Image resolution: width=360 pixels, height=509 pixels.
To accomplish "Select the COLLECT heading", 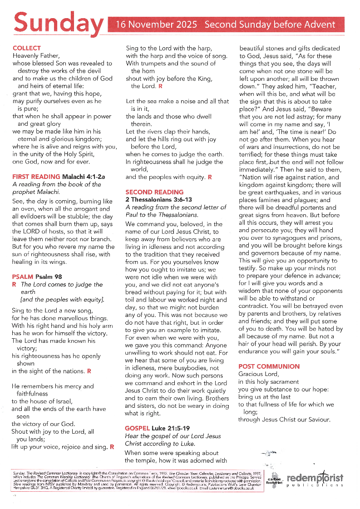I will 27,48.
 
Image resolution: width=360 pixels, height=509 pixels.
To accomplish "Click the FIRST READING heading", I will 36,177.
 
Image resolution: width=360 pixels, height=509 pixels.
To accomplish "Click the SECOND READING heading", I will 154,192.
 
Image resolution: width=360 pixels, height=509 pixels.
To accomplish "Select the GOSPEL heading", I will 138,428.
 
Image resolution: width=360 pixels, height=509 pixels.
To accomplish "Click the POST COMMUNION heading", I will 269,366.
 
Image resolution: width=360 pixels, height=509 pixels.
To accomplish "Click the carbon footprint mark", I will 274,481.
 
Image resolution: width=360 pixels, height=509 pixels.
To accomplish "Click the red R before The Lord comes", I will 14,285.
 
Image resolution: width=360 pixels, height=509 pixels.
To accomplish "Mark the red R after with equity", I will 210,177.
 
